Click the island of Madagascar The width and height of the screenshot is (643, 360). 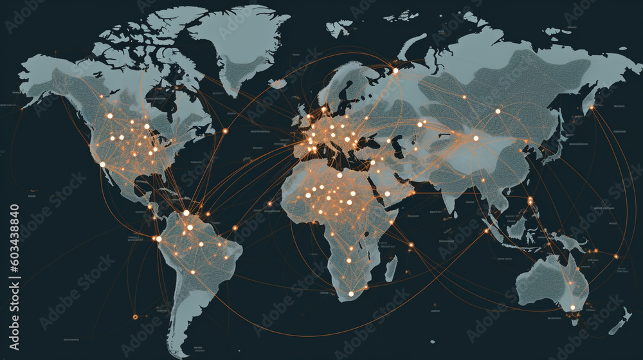coord(391,267)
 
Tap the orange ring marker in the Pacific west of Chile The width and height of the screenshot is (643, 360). coord(135,316)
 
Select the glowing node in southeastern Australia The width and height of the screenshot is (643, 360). coord(572,307)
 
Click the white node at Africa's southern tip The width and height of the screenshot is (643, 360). coord(351,294)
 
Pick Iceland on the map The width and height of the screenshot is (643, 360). coord(278,83)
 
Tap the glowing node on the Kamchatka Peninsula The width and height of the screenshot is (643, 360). coord(591,107)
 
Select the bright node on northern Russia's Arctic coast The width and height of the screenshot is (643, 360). coord(395,71)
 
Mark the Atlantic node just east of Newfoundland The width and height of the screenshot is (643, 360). coord(225,131)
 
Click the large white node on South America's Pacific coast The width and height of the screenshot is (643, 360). coord(159,239)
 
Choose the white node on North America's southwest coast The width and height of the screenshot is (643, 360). coord(102,164)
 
